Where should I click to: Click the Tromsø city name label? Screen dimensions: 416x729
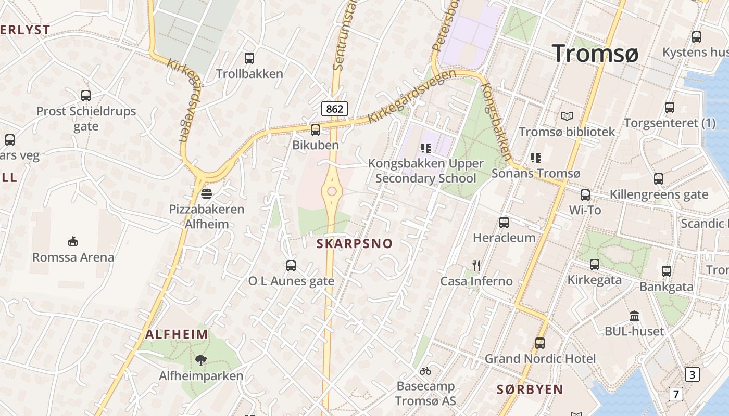pos(595,53)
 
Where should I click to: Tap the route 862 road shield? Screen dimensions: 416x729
pos(334,109)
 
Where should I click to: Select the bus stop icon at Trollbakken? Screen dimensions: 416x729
pos(249,58)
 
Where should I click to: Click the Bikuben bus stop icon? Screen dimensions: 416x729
pos(315,130)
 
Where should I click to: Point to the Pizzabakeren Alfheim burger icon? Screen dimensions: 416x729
pos(207,194)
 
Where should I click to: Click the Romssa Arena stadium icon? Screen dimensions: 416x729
pos(73,242)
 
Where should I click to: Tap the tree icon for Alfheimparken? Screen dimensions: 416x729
pos(200,360)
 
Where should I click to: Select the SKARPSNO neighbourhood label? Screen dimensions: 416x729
pos(355,243)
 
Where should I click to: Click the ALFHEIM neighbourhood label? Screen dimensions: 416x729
pos(177,334)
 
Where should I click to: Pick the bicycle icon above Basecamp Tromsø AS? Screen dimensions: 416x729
pos(425,371)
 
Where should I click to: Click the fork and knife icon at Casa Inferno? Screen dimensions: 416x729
pos(476,266)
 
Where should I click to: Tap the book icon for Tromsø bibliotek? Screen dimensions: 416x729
pos(567,116)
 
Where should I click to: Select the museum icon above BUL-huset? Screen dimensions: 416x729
pos(634,316)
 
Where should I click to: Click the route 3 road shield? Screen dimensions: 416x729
pos(692,374)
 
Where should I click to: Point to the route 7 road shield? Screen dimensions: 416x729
pos(675,394)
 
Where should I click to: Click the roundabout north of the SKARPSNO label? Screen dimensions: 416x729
pos(332,191)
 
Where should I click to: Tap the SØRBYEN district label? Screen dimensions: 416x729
pos(530,389)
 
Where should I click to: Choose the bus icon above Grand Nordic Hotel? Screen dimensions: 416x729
pos(540,343)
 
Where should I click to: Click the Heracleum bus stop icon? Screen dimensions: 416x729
pos(504,223)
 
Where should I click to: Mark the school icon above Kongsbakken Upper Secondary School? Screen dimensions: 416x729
pos(426,148)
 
